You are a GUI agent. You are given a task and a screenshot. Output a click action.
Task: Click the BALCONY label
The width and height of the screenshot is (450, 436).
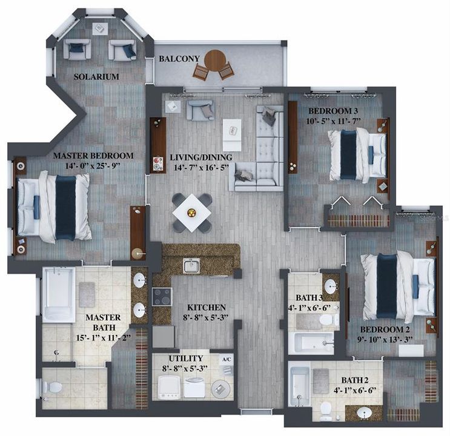point(179,59)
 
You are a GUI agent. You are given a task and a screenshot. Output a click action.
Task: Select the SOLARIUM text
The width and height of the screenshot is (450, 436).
point(96,77)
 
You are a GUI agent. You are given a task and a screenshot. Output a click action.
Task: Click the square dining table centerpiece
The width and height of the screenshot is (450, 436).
point(192,212)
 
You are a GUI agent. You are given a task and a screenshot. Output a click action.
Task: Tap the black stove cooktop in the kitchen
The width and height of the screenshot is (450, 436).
point(162,297)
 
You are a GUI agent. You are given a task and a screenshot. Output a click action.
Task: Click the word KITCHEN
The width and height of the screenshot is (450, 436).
point(206,308)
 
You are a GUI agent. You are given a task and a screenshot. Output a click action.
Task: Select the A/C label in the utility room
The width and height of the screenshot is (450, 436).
point(227,358)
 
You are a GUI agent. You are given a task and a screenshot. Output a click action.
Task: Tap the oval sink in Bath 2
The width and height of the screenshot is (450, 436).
point(363,412)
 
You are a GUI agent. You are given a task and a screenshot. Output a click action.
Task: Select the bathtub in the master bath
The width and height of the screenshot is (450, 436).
point(59,295)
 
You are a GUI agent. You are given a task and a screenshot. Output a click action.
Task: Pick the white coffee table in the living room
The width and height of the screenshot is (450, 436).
point(231,134)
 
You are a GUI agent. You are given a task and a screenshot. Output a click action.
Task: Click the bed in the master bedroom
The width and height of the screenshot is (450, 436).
point(55,206)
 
